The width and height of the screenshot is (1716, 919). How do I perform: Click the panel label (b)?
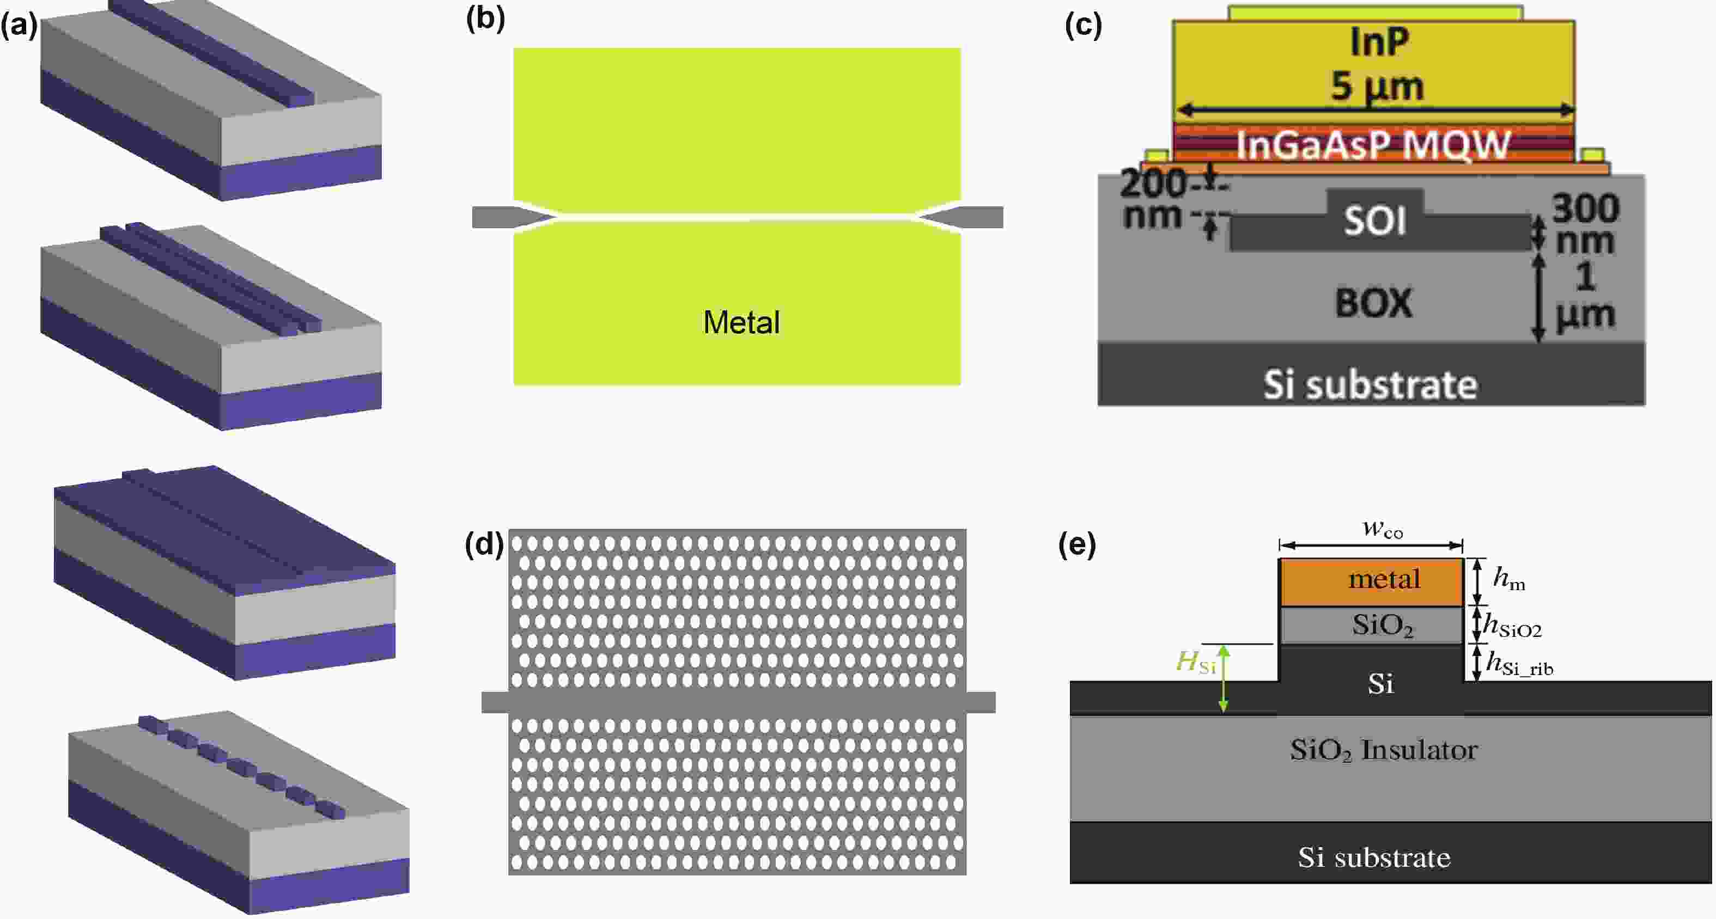[x=485, y=19]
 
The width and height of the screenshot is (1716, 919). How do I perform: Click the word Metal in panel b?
[x=741, y=322]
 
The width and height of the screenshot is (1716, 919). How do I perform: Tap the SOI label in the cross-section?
[x=1374, y=220]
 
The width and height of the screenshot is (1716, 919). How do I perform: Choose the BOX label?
[x=1373, y=303]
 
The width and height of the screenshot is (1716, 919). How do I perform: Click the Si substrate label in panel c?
[x=1370, y=385]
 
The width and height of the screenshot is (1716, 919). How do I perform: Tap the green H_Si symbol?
[x=1196, y=662]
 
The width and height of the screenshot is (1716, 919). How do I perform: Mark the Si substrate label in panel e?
[x=1373, y=857]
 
